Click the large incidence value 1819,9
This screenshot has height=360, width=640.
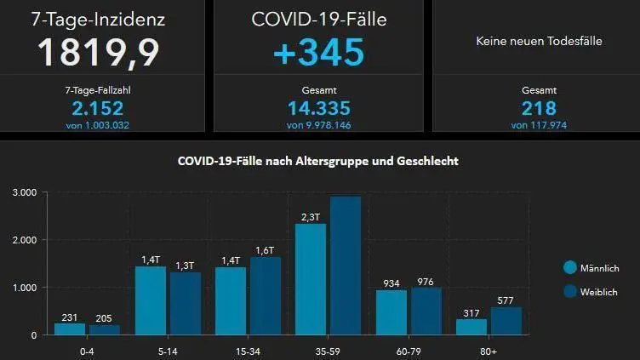(x=98, y=52)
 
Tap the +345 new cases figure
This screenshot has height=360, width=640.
(x=318, y=52)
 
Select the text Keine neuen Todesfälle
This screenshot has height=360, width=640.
(x=539, y=41)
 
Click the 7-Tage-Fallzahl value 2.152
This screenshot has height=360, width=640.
(x=98, y=108)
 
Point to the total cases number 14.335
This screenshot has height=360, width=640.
(x=319, y=108)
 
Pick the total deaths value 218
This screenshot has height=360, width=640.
(x=539, y=108)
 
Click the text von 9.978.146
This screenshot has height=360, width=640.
(x=319, y=125)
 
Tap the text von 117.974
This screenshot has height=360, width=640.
(x=539, y=125)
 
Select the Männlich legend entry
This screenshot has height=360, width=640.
(x=596, y=268)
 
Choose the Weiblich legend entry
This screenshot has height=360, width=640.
(x=596, y=291)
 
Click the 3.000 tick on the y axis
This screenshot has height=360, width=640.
(x=23, y=193)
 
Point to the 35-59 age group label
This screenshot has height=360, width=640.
(x=328, y=349)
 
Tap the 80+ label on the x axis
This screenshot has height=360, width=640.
(x=489, y=349)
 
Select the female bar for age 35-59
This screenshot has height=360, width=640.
(x=346, y=266)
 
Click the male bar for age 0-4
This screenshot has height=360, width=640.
(x=70, y=329)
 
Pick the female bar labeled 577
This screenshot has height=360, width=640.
(x=506, y=321)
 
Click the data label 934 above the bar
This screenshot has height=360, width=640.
(x=391, y=283)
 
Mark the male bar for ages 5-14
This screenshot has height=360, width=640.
(x=151, y=300)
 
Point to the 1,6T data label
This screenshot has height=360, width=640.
(x=265, y=249)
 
